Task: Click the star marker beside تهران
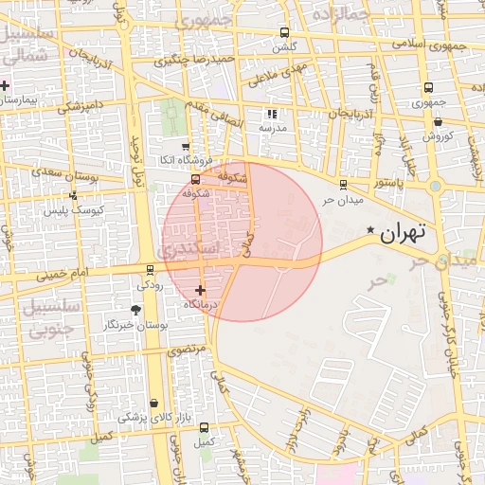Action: (370, 231)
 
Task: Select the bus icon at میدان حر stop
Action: (343, 184)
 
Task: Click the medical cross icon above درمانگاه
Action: (200, 290)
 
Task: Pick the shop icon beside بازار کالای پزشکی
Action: (154, 403)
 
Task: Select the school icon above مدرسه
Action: (273, 113)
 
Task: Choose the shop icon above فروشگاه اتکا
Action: (186, 145)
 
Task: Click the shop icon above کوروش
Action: (438, 121)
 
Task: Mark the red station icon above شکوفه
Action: (195, 179)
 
